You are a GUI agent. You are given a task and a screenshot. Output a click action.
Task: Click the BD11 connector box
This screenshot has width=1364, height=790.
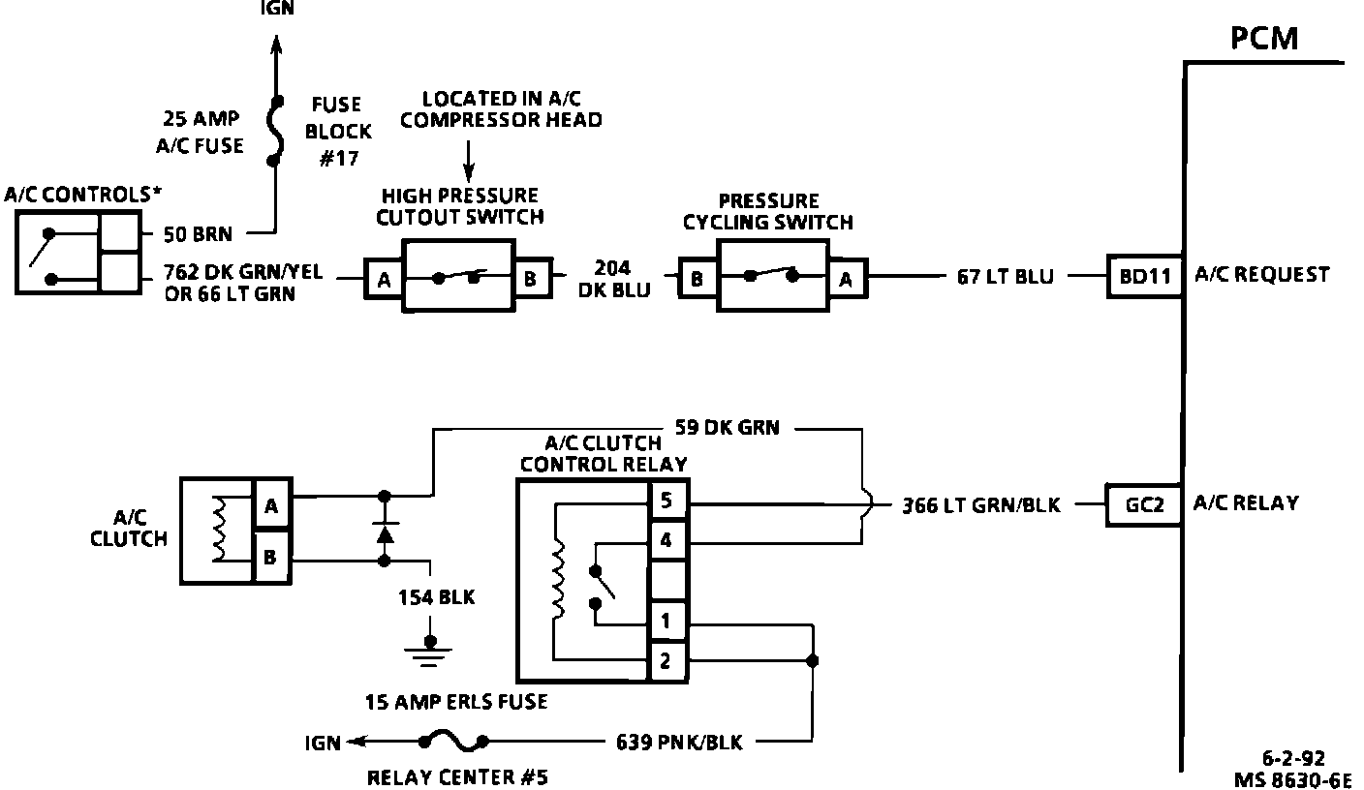tap(1145, 277)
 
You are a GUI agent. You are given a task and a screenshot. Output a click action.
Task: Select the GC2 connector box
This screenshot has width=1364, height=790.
tap(1143, 505)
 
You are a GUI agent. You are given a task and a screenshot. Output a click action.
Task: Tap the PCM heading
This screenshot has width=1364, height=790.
tap(1263, 39)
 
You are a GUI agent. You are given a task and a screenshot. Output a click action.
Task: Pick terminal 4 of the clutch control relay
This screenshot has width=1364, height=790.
tap(666, 542)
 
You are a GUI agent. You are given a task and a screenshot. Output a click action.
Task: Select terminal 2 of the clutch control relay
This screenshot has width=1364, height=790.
tap(666, 662)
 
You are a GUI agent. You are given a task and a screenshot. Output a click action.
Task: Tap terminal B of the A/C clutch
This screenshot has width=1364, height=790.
tap(271, 558)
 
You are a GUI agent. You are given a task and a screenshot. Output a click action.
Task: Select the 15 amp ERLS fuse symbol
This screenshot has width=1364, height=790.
tap(453, 743)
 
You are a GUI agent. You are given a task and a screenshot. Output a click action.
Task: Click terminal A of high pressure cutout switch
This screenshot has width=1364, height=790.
tap(384, 280)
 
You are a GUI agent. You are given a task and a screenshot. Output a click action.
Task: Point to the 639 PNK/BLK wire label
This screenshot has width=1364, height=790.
tap(679, 743)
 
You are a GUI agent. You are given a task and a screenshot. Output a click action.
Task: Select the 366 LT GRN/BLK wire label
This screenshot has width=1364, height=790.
tap(981, 505)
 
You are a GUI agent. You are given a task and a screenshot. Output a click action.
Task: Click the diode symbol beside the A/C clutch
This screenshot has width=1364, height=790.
tap(385, 533)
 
